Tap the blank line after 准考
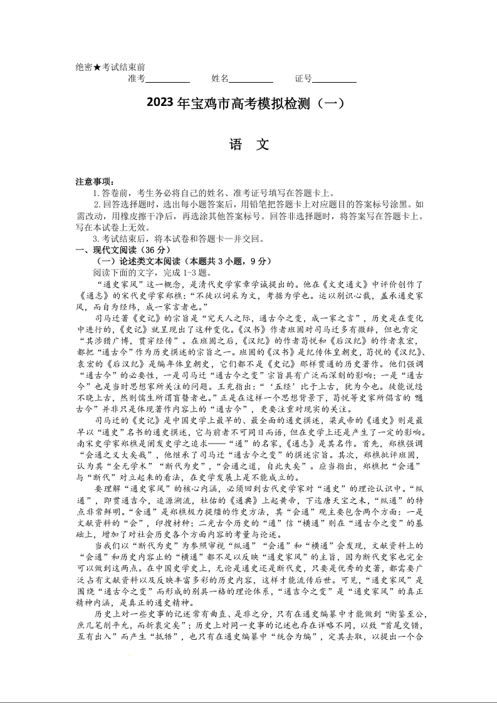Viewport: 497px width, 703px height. [167, 79]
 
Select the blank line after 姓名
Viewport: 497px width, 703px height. [251, 79]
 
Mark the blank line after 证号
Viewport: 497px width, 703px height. [334, 79]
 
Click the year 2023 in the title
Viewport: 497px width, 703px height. [162, 103]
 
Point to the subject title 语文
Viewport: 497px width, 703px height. [249, 145]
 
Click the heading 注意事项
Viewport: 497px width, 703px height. [95, 182]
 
